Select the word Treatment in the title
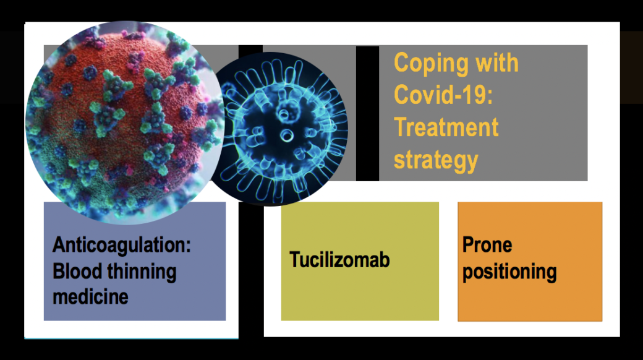pyautogui.click(x=446, y=127)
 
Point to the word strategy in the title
pyautogui.click(x=436, y=160)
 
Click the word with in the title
pyautogui.click(x=496, y=62)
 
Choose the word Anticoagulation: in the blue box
pyautogui.click(x=122, y=246)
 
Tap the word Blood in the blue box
pyautogui.click(x=77, y=272)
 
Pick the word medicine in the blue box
pyautogui.click(x=90, y=297)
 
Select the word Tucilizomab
pyautogui.click(x=339, y=259)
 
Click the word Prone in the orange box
pyautogui.click(x=487, y=245)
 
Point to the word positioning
pyautogui.click(x=509, y=272)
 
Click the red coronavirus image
pyautogui.click(x=125, y=122)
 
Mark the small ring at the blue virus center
pyautogui.click(x=287, y=135)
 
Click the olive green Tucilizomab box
pyautogui.click(x=360, y=261)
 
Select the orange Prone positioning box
pyautogui.click(x=530, y=261)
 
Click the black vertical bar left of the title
pyautogui.click(x=367, y=113)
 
